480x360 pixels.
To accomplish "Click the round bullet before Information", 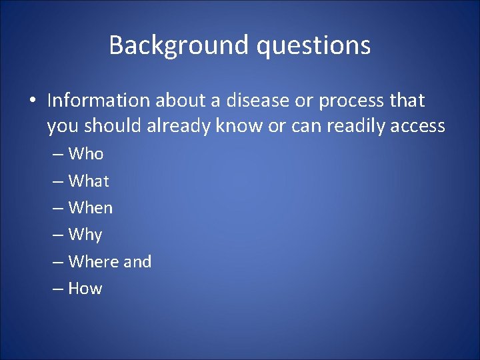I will click(x=32, y=101).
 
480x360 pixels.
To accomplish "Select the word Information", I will click(x=99, y=101).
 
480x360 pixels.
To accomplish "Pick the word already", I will click(x=179, y=126).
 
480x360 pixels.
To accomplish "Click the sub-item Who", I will click(x=86, y=154).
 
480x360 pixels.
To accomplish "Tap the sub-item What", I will click(x=89, y=181).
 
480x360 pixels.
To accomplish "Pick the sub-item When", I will click(x=91, y=208).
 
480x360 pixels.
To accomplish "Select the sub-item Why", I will click(x=85, y=235).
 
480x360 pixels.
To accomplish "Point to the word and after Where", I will click(x=137, y=261).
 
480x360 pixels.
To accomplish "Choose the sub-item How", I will click(x=85, y=289).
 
